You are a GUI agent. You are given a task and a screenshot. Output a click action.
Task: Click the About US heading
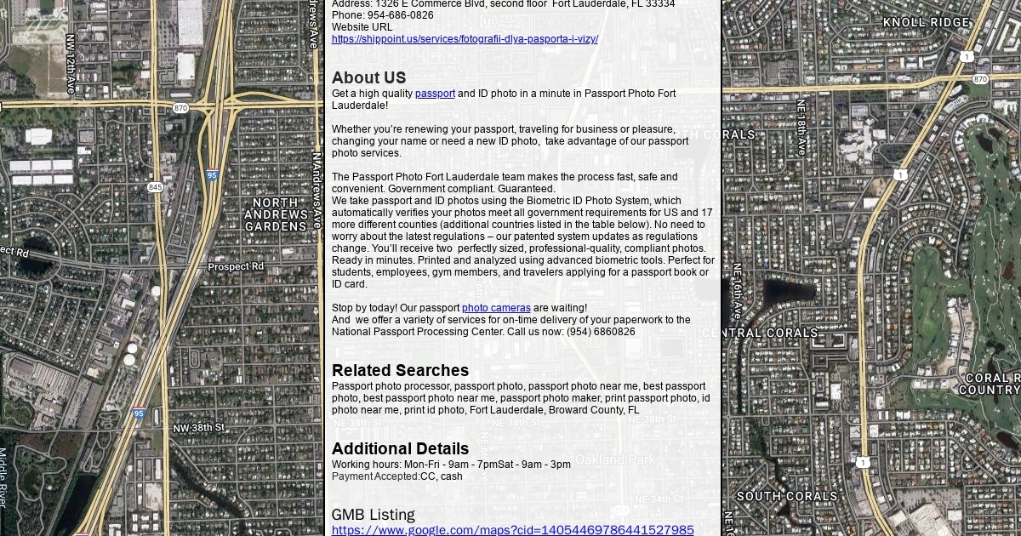click(368, 77)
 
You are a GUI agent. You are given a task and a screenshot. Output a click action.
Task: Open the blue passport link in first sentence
click(435, 94)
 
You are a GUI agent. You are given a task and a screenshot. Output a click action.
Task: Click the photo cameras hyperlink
click(496, 308)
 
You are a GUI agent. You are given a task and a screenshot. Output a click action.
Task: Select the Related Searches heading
click(400, 370)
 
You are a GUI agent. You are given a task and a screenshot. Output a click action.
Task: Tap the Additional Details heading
click(400, 448)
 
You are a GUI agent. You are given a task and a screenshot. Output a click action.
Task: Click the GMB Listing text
click(373, 515)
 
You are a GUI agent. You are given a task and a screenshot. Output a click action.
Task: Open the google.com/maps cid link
click(512, 530)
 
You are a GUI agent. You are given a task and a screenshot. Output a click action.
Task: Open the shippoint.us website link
click(465, 39)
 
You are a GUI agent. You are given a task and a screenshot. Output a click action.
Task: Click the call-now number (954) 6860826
click(601, 332)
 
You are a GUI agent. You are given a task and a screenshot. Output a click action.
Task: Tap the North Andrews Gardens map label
click(276, 214)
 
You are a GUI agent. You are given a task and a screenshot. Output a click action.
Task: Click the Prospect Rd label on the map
click(236, 267)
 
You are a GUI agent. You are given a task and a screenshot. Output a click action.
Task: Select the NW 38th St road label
click(198, 427)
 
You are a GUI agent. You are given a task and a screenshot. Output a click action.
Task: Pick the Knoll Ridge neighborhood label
click(926, 22)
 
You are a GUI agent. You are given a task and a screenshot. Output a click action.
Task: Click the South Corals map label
click(787, 496)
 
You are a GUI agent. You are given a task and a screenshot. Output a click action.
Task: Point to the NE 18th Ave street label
click(801, 127)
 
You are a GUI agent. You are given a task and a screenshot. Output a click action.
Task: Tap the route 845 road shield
click(155, 186)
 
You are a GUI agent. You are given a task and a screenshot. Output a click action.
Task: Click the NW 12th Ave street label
click(71, 64)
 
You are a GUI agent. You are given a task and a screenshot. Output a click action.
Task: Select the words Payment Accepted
click(375, 476)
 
